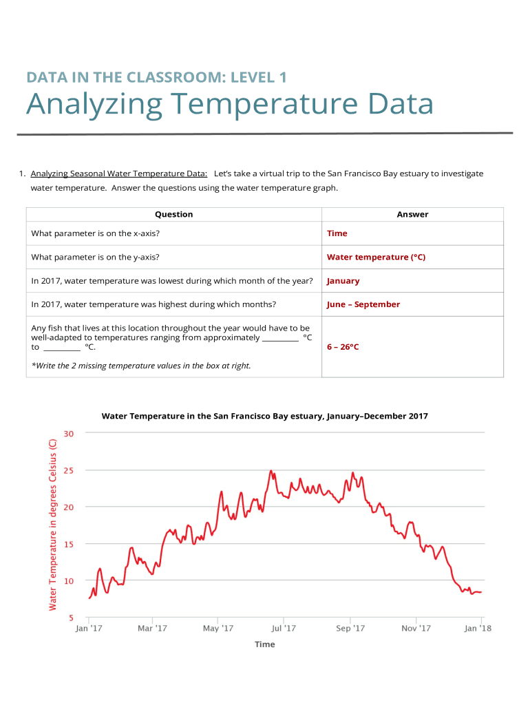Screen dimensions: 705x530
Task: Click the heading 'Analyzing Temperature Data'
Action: point(229,105)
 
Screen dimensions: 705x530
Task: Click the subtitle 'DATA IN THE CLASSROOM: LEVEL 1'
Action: point(156,78)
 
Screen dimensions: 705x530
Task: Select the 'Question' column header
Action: point(173,214)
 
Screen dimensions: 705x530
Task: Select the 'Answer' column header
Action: point(412,214)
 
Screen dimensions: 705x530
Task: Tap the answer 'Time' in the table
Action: point(337,233)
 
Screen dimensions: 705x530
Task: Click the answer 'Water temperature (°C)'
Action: point(376,257)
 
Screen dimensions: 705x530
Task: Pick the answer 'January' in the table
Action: point(343,281)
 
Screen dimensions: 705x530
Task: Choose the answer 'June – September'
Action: point(363,304)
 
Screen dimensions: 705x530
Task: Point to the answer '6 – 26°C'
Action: point(343,347)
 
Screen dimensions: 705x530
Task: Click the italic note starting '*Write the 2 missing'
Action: point(141,366)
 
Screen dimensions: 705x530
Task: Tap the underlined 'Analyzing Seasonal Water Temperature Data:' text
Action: point(119,173)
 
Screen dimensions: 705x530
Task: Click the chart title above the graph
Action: point(265,416)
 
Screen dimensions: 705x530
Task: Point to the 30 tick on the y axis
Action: point(70,433)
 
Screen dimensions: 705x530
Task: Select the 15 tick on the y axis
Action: point(70,544)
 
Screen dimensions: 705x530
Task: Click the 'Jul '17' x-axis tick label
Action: point(284,628)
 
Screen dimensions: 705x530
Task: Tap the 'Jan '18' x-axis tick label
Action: point(478,628)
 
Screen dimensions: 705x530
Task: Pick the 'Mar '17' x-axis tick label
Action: point(152,628)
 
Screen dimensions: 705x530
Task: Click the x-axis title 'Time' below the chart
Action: point(264,644)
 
